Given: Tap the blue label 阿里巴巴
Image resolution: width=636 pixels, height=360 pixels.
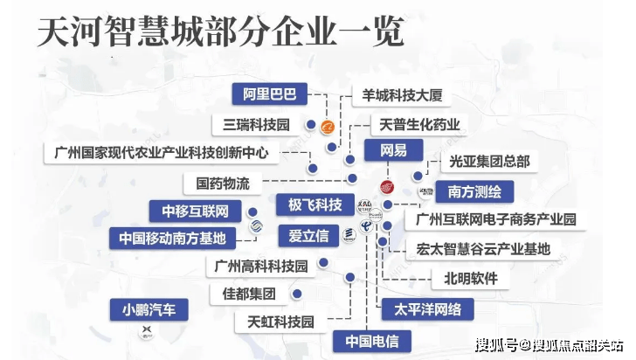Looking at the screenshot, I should point(271,93).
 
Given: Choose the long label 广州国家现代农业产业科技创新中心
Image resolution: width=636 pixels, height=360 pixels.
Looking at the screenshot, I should point(162,153).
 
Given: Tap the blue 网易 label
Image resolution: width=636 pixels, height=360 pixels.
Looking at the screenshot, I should point(393,150).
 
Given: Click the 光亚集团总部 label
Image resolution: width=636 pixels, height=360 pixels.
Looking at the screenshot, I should point(489,162).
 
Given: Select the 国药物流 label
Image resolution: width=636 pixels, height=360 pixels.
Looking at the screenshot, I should point(218,183).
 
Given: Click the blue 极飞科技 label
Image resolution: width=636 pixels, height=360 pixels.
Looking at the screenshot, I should point(315,205).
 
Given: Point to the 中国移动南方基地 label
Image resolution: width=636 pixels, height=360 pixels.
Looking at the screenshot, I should point(173,238).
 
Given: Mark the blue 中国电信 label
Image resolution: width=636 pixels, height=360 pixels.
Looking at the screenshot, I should point(366,340).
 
